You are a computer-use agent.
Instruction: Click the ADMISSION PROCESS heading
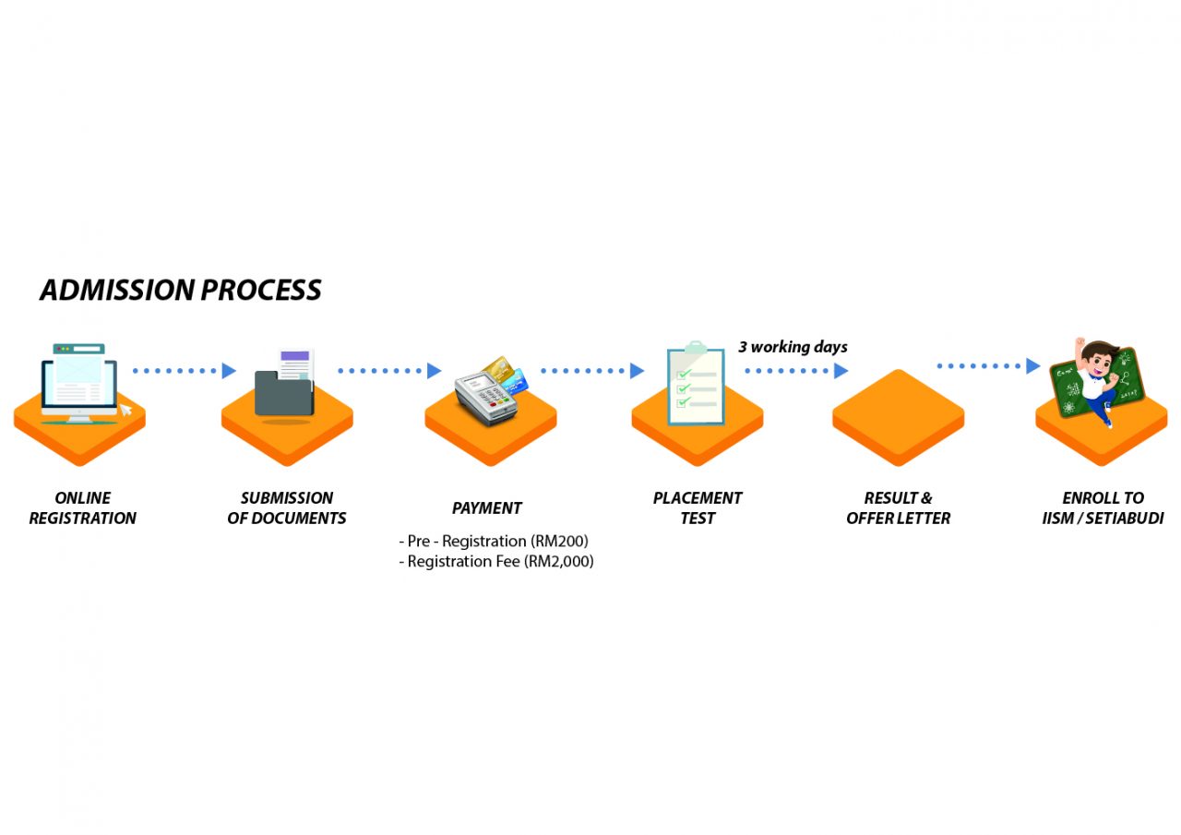click(x=181, y=290)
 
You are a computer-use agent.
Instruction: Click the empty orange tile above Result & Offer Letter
click(x=898, y=417)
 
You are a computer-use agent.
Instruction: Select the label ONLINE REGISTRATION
click(x=82, y=508)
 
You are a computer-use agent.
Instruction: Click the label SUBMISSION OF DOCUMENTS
click(x=287, y=508)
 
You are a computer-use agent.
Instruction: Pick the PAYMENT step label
click(x=487, y=508)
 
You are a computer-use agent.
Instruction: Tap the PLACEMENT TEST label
click(x=698, y=508)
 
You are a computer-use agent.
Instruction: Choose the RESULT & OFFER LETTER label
click(x=898, y=508)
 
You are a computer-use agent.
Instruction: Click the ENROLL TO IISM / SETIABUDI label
click(x=1103, y=508)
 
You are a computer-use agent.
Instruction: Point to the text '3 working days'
click(x=793, y=348)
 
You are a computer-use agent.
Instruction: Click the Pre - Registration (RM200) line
click(x=494, y=541)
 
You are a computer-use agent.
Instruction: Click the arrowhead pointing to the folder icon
click(x=230, y=371)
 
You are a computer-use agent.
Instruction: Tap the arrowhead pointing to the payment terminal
click(x=435, y=371)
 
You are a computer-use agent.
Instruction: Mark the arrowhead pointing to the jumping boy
click(x=1033, y=366)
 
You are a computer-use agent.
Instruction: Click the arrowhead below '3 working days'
click(x=841, y=371)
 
